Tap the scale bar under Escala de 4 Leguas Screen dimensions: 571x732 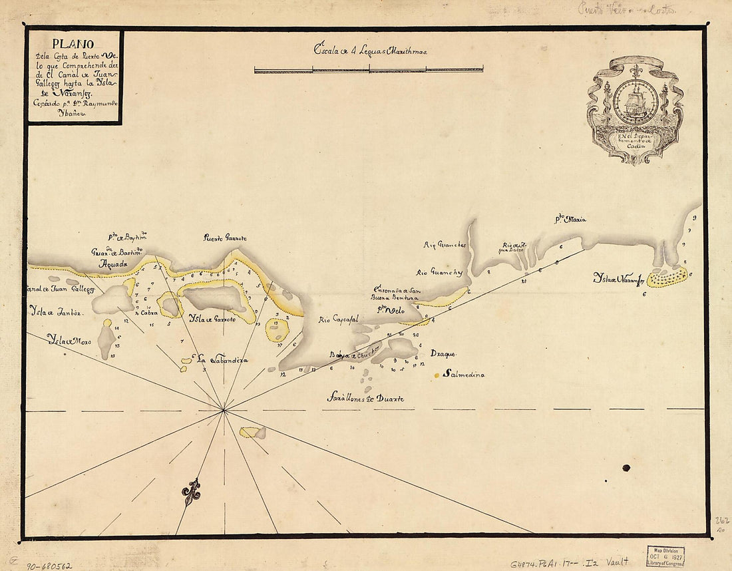pos(369,69)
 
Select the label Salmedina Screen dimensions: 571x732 pos(464,375)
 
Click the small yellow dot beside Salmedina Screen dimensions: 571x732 pos(437,376)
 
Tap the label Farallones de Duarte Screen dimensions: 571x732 pos(365,399)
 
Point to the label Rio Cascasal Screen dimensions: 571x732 pos(339,319)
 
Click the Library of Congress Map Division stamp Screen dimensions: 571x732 pos(665,556)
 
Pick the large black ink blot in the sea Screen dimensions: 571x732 pos(626,468)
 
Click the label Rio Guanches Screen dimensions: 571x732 pos(445,245)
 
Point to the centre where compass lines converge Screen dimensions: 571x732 pos(225,411)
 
